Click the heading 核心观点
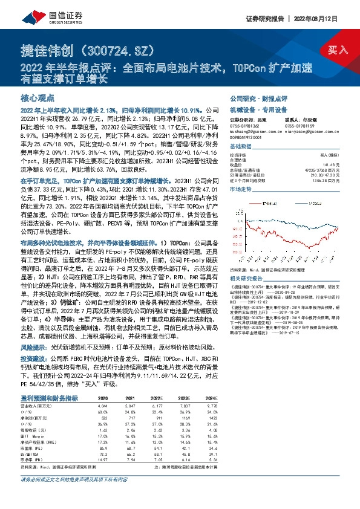coord(38,98)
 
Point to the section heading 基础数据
coord(241,148)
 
